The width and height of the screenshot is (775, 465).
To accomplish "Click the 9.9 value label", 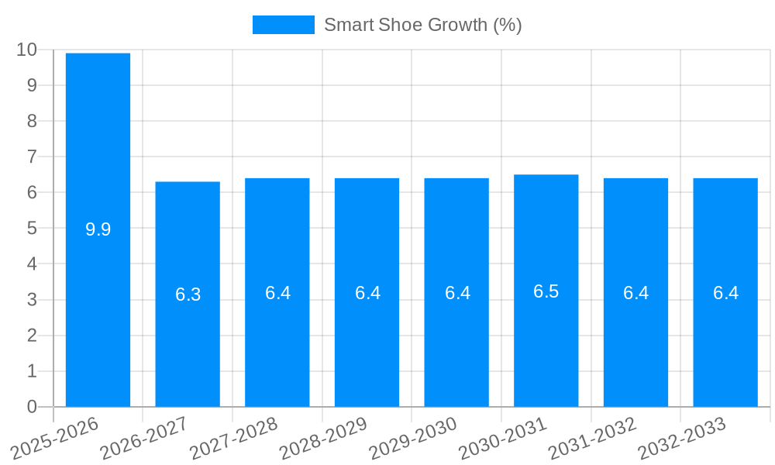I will click(x=98, y=229).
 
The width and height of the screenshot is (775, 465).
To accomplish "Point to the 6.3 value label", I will click(x=188, y=294).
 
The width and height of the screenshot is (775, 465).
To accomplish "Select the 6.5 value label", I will click(x=546, y=291).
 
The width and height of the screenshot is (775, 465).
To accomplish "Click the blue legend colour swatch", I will click(x=283, y=25).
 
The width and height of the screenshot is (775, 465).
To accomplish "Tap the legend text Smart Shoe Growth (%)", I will click(x=422, y=25).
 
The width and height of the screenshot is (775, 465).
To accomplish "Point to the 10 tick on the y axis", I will click(x=26, y=50).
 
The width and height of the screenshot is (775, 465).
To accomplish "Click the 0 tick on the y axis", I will click(x=32, y=407).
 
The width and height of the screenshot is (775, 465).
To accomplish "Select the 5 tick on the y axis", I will click(x=32, y=229).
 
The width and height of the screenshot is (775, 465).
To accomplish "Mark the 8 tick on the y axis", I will click(x=32, y=121).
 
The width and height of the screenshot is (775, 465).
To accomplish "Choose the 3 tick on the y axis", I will click(x=32, y=300).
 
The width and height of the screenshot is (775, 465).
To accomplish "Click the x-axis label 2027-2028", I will click(x=232, y=439).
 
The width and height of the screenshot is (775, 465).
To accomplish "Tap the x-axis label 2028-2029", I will click(x=322, y=439).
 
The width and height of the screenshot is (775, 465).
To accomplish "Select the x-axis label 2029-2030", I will click(x=412, y=439).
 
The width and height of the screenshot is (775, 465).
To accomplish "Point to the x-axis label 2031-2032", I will click(x=591, y=439).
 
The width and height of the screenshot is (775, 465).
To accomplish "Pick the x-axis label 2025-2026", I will click(x=53, y=439).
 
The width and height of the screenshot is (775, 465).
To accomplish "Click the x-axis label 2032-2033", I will click(x=681, y=439).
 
